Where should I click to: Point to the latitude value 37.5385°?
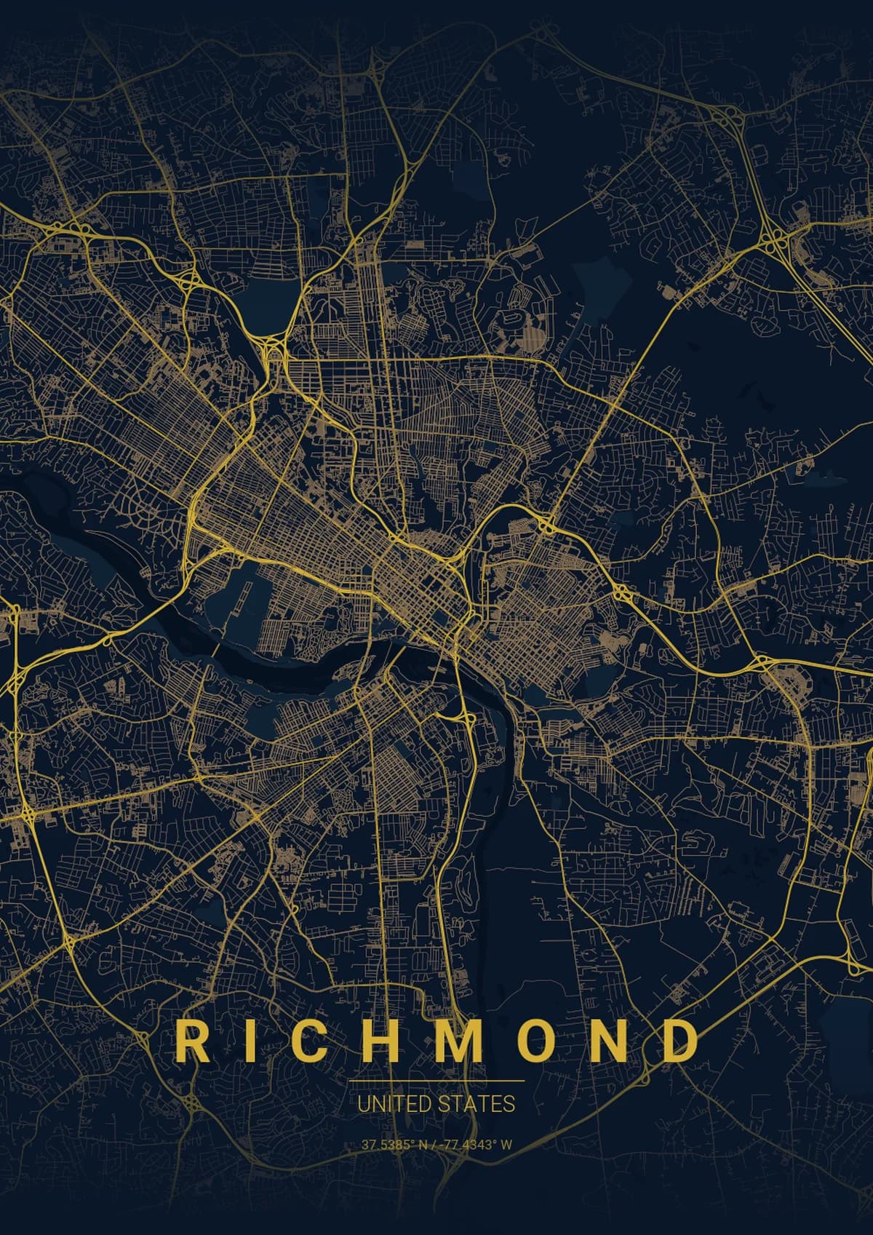pyautogui.click(x=388, y=1144)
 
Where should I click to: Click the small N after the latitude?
pyautogui.click(x=422, y=1144)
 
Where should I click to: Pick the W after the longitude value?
pyautogui.click(x=506, y=1144)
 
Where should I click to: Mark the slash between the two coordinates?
pyautogui.click(x=434, y=1144)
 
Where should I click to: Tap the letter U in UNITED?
pyautogui.click(x=363, y=1103)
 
